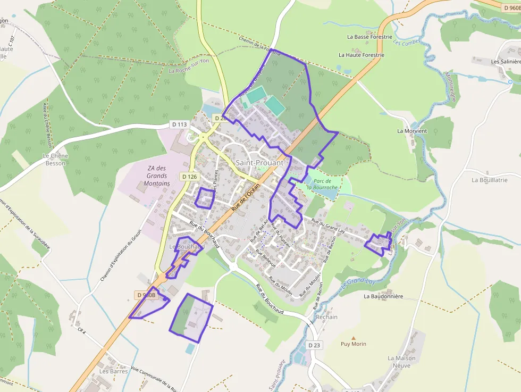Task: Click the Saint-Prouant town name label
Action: point(259,162)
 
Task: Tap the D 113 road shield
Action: point(180,124)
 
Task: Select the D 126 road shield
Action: point(189,177)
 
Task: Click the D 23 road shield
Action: point(315,345)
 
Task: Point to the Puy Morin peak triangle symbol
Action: point(353,338)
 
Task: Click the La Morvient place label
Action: point(412,131)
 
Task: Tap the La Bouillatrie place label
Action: point(489,180)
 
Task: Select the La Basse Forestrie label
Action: point(369,37)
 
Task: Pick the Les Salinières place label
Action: point(506,62)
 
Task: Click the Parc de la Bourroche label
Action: point(322,185)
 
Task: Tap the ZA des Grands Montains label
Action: point(157,176)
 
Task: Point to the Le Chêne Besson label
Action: point(54,160)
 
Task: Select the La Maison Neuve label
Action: point(402,362)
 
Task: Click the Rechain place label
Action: point(326,317)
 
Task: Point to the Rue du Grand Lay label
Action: point(328,226)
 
